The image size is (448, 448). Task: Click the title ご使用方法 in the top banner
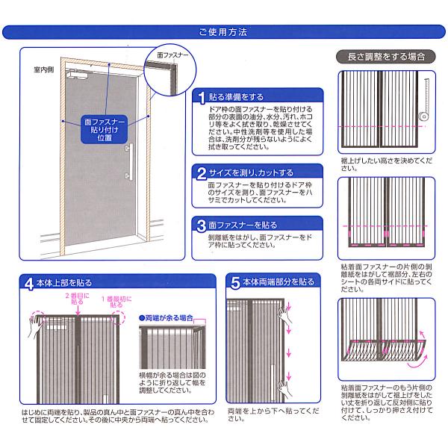click(x=223, y=31)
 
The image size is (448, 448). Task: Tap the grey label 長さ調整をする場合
click(x=386, y=57)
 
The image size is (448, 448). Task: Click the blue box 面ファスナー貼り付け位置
click(x=105, y=130)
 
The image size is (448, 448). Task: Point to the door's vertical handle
click(x=131, y=162)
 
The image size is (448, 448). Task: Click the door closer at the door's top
click(x=77, y=74)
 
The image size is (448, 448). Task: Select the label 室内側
click(x=44, y=69)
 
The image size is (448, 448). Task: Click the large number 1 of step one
click(x=202, y=98)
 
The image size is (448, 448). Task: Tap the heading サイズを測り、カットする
click(x=251, y=173)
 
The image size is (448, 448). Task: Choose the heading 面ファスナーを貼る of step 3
click(x=243, y=225)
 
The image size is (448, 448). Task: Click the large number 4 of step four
click(x=29, y=284)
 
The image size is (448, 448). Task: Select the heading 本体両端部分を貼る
click(x=279, y=282)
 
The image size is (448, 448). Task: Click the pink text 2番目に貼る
click(x=77, y=299)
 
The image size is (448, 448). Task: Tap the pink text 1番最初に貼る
click(x=116, y=302)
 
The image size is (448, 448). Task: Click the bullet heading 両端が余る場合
click(x=166, y=318)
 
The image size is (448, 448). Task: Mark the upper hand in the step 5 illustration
click(x=284, y=316)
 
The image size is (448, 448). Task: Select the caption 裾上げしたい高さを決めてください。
click(x=386, y=164)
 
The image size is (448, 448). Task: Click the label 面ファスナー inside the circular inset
click(x=173, y=55)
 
